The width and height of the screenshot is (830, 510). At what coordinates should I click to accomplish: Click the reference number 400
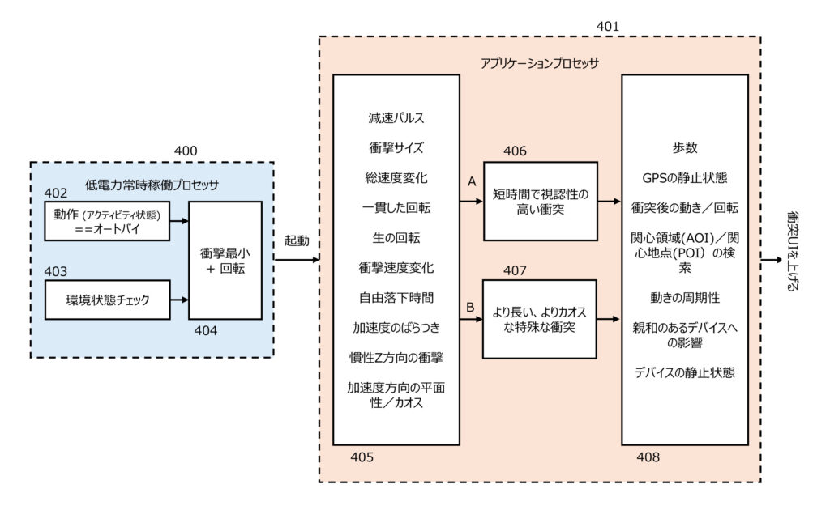[186, 150]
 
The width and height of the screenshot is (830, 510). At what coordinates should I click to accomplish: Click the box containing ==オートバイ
[108, 222]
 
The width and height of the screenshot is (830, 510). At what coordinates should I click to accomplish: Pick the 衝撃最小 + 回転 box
[225, 260]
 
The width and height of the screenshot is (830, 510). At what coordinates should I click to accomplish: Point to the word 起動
[297, 242]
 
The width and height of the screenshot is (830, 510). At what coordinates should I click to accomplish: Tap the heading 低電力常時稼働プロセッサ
[152, 185]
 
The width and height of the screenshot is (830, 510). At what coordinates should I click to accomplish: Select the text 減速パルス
[396, 118]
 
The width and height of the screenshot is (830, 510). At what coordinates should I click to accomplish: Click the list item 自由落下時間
[396, 297]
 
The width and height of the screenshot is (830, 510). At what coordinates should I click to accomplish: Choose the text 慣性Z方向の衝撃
[396, 357]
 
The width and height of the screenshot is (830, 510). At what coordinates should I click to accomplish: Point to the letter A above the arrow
[472, 182]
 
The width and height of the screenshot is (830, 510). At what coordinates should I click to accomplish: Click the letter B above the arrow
[470, 308]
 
